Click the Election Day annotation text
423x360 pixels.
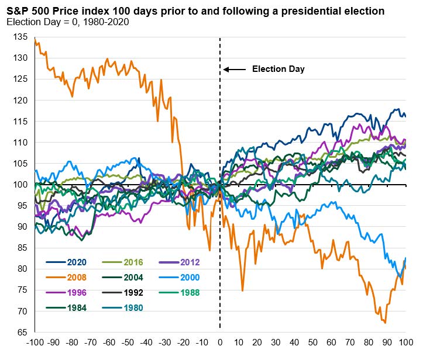(x=278, y=69)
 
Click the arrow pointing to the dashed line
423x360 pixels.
(x=235, y=70)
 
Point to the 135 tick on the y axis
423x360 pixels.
(x=22, y=37)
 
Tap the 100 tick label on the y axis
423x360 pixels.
(x=22, y=185)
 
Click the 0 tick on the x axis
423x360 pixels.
(x=220, y=342)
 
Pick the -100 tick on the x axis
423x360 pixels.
(x=34, y=342)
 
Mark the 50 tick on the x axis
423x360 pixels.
(x=313, y=342)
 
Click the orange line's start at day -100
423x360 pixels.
(x=35, y=38)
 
